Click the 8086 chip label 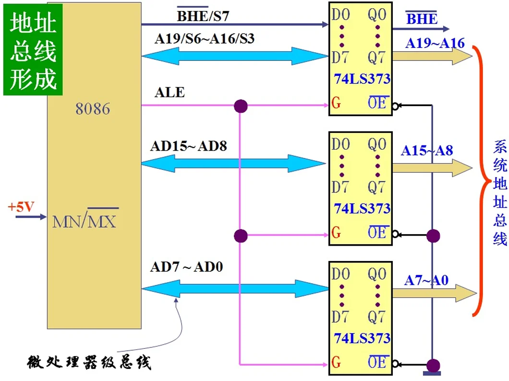pyautogui.click(x=93, y=109)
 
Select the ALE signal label pyautogui.click(x=170, y=92)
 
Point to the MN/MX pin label pyautogui.click(x=85, y=221)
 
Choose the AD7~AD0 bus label pyautogui.click(x=186, y=267)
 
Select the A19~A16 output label pyautogui.click(x=435, y=43)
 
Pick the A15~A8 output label pyautogui.click(x=427, y=151)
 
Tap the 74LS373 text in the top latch pyautogui.click(x=362, y=79)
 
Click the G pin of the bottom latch pyautogui.click(x=336, y=362)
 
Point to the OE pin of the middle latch pyautogui.click(x=377, y=233)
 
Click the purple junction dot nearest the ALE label pyautogui.click(x=240, y=106)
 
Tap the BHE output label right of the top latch pyautogui.click(x=422, y=19)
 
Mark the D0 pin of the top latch pyautogui.click(x=340, y=15)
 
